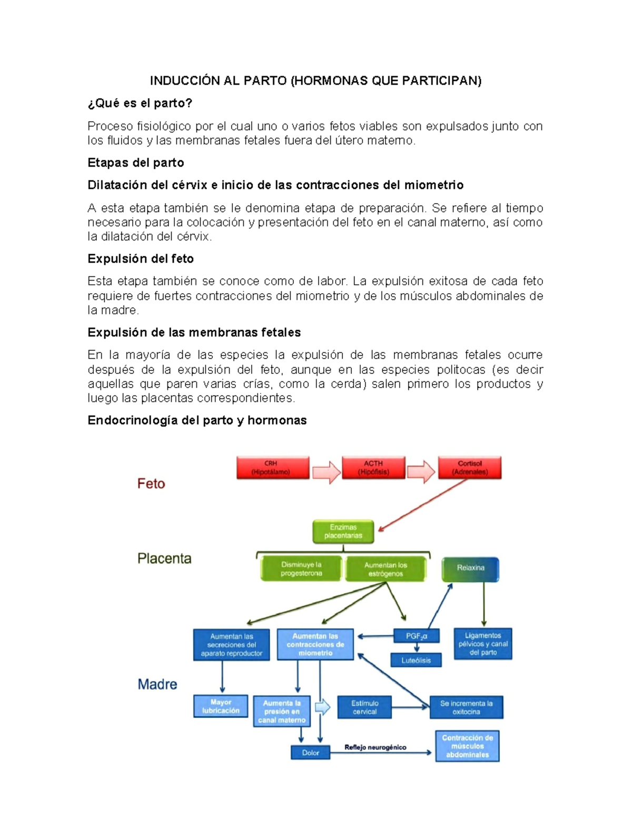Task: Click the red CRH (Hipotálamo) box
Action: pyautogui.click(x=273, y=468)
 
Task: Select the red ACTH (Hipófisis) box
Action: pyautogui.click(x=373, y=468)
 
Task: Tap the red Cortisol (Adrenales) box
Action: pyautogui.click(x=470, y=468)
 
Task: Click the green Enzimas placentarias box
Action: pyautogui.click(x=343, y=532)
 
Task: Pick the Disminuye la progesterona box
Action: pyautogui.click(x=301, y=569)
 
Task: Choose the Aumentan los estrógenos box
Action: pyautogui.click(x=386, y=569)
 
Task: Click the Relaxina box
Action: pyautogui.click(x=470, y=568)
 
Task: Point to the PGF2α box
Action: pyautogui.click(x=417, y=636)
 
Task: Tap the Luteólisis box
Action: pyautogui.click(x=416, y=660)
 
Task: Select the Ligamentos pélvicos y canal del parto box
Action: pyautogui.click(x=483, y=644)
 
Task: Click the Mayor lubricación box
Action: pyautogui.click(x=221, y=707)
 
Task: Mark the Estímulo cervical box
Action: pyautogui.click(x=364, y=707)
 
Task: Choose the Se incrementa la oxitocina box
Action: pyautogui.click(x=467, y=708)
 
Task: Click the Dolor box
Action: pyautogui.click(x=310, y=753)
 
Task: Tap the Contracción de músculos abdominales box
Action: pyautogui.click(x=467, y=746)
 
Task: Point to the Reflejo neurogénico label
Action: pyautogui.click(x=375, y=747)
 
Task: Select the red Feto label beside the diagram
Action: pyautogui.click(x=151, y=484)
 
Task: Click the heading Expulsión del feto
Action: pyautogui.click(x=141, y=259)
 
